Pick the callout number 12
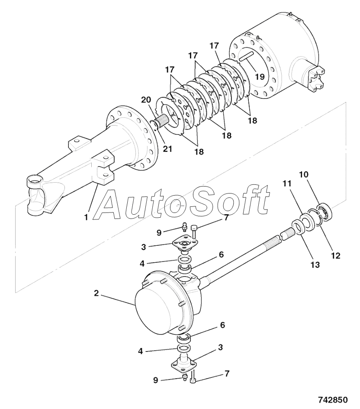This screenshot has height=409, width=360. point(335,256)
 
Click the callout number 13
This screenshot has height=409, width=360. point(314,265)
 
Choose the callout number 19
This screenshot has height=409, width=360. point(259,77)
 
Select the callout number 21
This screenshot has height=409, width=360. point(167,149)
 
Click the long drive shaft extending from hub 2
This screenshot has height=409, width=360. point(242,255)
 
